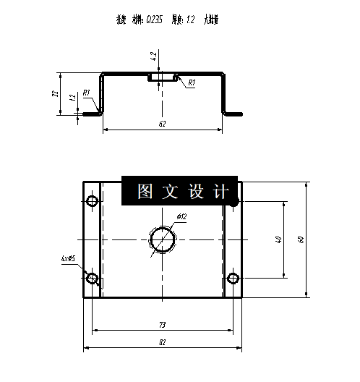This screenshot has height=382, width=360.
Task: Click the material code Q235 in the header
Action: point(153,21)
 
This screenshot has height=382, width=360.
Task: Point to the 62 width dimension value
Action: point(162,124)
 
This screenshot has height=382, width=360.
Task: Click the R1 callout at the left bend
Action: point(86,93)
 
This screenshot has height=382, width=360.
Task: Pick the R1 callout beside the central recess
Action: point(191,83)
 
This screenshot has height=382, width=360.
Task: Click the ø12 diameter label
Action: point(181,216)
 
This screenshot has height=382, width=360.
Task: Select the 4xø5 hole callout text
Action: point(69,258)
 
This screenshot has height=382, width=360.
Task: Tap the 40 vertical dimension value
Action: point(278,239)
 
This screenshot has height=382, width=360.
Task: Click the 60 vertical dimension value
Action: point(301,239)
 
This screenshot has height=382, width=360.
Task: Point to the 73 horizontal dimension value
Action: point(163,326)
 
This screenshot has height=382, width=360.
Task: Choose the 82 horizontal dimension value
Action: point(163,342)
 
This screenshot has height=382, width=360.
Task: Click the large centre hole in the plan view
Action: point(163,239)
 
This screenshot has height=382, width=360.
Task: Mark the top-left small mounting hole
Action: point(92,200)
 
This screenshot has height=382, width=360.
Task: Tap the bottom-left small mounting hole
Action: point(92,279)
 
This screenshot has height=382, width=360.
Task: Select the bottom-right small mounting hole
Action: point(233,279)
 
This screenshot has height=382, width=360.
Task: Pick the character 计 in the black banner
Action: point(221,191)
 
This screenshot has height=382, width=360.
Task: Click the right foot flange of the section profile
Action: point(233,113)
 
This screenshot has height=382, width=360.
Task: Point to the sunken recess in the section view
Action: point(162,78)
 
